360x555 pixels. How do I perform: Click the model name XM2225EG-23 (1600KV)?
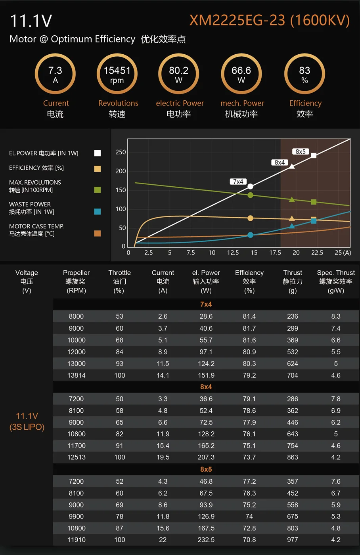270,20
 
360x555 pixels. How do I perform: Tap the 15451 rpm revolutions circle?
117,74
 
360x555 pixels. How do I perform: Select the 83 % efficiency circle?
304,74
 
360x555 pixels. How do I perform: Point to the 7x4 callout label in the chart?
238,182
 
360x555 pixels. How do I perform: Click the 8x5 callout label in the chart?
301,151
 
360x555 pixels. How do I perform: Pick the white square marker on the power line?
314,155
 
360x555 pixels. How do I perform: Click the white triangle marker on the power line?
292,166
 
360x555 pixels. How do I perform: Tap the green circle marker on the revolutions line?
250,195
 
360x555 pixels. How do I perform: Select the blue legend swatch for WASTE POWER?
98,211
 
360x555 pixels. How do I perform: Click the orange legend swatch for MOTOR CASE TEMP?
98,233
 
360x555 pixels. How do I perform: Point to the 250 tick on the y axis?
121,152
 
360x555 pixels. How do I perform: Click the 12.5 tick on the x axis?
233,253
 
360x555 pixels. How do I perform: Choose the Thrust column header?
293,281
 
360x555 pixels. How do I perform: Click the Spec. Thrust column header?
336,281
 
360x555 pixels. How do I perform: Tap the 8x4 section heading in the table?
206,387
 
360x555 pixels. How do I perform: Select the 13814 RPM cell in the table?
77,375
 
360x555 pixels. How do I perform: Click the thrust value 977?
293,540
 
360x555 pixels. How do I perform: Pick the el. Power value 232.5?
206,540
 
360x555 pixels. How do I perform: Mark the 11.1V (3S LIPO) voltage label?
27,421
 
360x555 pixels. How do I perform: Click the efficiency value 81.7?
249,328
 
